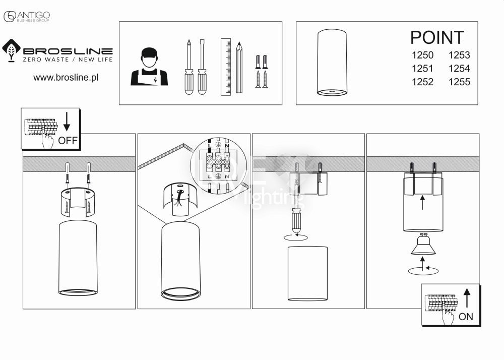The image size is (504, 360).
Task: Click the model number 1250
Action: (x=422, y=55)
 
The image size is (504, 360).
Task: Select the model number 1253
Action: (x=459, y=55)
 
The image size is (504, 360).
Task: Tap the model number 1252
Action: (x=422, y=82)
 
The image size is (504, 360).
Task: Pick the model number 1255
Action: (x=459, y=82)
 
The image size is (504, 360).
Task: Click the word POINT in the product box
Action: (x=437, y=38)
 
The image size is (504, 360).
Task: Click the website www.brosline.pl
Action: (x=65, y=78)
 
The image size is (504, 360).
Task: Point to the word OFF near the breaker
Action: (x=68, y=140)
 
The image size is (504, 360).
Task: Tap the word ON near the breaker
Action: (x=466, y=317)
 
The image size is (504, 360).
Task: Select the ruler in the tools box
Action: (x=225, y=67)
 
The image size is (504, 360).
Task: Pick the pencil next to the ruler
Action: (x=239, y=67)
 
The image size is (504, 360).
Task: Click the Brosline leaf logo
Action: (x=11, y=50)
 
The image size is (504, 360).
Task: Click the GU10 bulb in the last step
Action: (x=423, y=245)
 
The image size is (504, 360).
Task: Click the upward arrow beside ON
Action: (x=466, y=298)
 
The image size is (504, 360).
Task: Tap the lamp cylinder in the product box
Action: (x=332, y=63)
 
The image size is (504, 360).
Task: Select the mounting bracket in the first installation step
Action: (x=78, y=200)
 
